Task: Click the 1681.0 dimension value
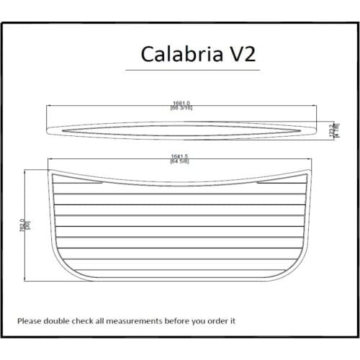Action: [181, 102]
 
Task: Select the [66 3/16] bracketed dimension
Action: [181, 108]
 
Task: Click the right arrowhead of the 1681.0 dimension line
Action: [318, 105]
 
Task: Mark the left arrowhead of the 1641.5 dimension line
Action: [50, 159]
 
